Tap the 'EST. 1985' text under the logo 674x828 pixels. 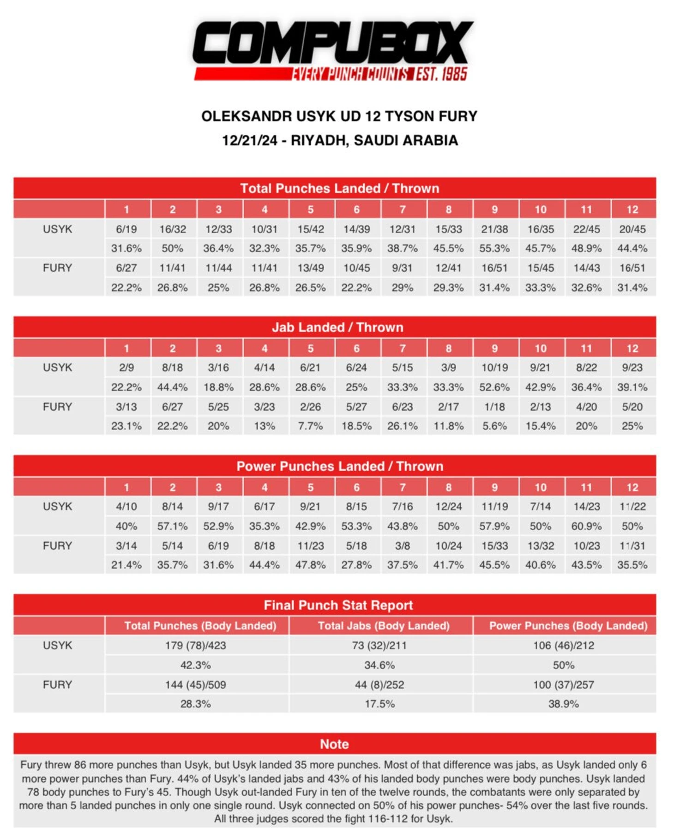tap(441, 74)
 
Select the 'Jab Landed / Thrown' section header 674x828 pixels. tap(337, 327)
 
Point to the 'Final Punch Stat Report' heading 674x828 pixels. tap(338, 605)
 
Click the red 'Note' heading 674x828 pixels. tap(334, 744)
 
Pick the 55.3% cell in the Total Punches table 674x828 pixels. tap(494, 248)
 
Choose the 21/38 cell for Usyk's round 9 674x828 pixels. tap(494, 229)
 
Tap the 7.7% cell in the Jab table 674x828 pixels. tap(310, 426)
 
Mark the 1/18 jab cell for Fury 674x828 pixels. tap(494, 407)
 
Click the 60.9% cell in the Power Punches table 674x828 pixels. tap(586, 526)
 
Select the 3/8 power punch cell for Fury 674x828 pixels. tap(402, 546)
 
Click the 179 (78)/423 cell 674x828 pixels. tap(196, 645)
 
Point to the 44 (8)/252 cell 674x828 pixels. tap(379, 684)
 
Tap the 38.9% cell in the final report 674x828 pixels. tap(563, 704)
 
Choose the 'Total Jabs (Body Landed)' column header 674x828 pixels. tap(383, 625)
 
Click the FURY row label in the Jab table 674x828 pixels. tap(57, 407)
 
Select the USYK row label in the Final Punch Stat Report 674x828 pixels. tap(57, 645)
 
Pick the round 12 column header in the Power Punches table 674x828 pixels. tap(632, 487)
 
